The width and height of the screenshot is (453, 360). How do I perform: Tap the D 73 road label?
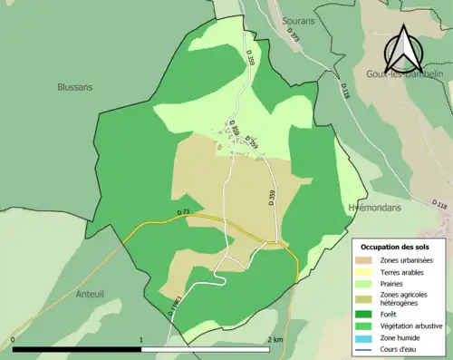click(185, 213)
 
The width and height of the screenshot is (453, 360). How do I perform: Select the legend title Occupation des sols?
click(395, 247)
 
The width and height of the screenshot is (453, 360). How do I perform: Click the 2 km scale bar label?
click(275, 340)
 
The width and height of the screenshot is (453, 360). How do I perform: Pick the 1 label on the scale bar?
click(141, 340)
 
